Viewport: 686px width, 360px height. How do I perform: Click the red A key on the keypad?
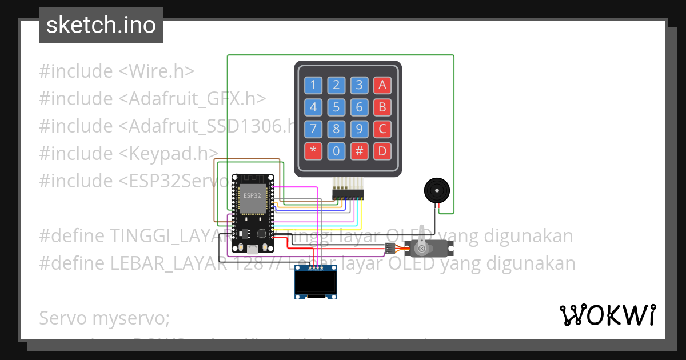click(x=382, y=86)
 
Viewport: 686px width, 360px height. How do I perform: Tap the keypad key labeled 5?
click(x=336, y=107)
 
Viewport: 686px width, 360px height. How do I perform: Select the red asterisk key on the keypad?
click(x=313, y=151)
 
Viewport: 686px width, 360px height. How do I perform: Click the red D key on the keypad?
click(x=382, y=151)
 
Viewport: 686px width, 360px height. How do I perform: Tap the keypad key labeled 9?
click(x=359, y=129)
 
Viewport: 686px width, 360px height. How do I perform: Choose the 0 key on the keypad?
click(x=336, y=151)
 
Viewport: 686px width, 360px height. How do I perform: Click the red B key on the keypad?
click(x=382, y=107)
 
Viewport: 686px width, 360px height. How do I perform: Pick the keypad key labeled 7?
click(x=313, y=129)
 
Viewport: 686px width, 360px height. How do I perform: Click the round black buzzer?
click(x=436, y=190)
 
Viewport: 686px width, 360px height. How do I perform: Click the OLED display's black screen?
click(x=315, y=282)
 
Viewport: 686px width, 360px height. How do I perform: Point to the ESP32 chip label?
click(x=252, y=195)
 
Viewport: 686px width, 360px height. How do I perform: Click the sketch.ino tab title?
click(x=101, y=25)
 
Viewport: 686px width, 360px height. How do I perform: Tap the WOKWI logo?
click(x=607, y=315)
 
